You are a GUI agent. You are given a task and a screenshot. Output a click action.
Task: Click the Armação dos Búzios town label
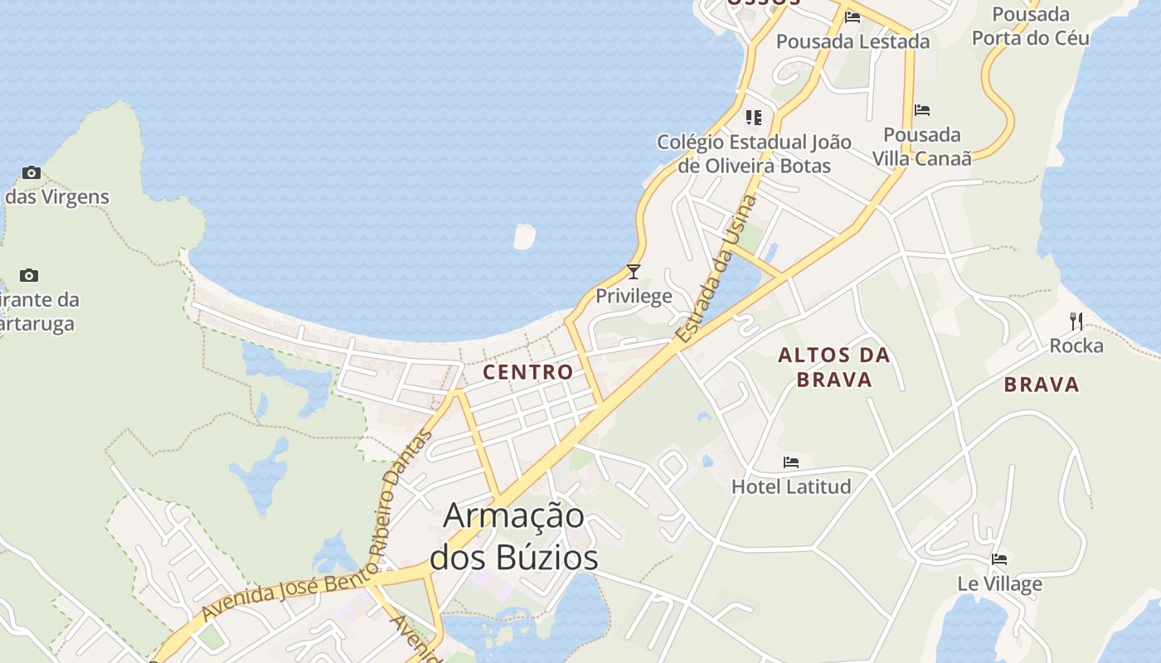tap(514, 536)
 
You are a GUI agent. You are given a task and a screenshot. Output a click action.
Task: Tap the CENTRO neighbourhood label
tap(528, 372)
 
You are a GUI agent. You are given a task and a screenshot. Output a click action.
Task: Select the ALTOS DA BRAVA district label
tap(833, 367)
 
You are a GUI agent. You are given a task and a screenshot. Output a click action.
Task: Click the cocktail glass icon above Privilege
tap(634, 271)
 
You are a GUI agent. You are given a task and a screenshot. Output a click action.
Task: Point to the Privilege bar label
tap(634, 296)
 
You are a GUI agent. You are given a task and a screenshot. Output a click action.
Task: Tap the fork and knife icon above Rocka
tap(1076, 321)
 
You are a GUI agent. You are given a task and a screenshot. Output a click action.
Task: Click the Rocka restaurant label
tap(1076, 346)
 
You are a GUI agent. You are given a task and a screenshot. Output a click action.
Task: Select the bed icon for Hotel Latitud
tap(791, 462)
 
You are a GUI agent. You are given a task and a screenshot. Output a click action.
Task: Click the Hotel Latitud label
tap(791, 486)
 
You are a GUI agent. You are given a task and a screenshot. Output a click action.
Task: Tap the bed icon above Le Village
tap(999, 559)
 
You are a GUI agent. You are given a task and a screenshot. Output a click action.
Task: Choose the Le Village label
tap(999, 583)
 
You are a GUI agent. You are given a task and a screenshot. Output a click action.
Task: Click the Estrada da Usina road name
tap(717, 269)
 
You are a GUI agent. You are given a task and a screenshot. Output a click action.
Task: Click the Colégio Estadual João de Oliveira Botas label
tap(754, 153)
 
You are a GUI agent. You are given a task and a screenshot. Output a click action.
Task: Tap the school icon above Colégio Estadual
tap(753, 117)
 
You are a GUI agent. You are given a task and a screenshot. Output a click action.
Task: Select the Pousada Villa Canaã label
tap(921, 146)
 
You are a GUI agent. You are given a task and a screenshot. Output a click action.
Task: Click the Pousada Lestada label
tap(853, 41)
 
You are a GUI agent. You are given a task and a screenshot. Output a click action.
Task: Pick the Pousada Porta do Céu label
tap(1030, 27)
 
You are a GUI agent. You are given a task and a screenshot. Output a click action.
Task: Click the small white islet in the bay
tap(524, 236)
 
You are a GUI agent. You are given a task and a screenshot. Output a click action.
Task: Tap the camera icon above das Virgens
tap(32, 172)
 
